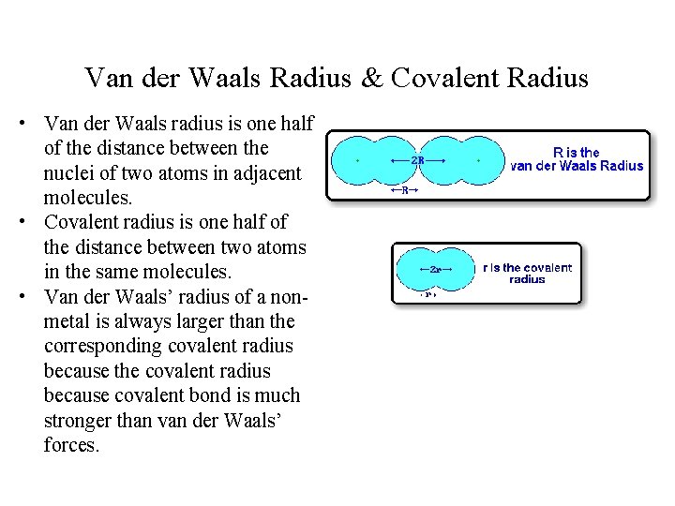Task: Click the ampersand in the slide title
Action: point(372,78)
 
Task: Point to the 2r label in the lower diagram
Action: point(436,269)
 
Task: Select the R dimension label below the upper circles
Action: point(404,190)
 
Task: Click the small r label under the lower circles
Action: point(427,294)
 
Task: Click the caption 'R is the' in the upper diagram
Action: point(577,152)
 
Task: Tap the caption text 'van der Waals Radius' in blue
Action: point(577,166)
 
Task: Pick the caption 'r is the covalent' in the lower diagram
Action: point(527,267)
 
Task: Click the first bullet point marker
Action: point(32,124)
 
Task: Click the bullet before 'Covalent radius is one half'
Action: point(32,223)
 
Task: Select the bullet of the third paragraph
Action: point(32,297)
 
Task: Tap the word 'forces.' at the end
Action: point(71,445)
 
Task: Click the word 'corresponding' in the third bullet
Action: point(106,346)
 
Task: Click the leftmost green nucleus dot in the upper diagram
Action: point(357,160)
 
